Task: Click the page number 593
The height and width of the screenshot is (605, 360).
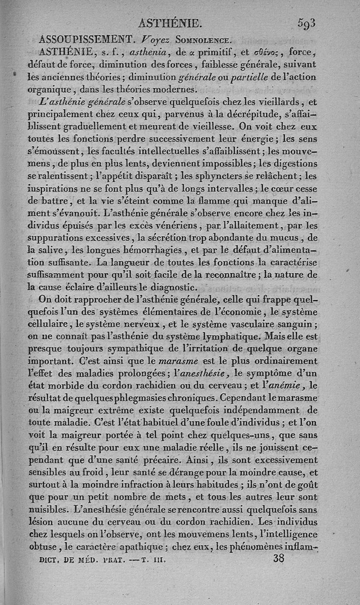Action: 307,23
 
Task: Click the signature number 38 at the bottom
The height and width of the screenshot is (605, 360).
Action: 279,559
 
